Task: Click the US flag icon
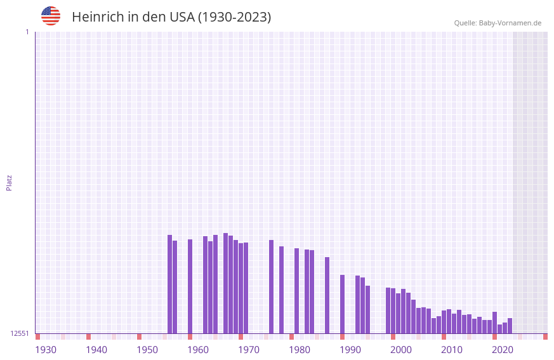51,16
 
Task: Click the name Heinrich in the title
98,17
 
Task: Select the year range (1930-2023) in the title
234,17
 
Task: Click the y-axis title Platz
9,183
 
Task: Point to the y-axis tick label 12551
19,333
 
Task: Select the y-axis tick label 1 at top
27,32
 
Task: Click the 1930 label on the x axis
46,350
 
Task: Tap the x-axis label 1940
96,350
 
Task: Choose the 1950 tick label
147,350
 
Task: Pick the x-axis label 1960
198,350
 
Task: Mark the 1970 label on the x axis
249,350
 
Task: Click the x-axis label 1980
300,350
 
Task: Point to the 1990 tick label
350,350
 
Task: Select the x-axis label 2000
401,350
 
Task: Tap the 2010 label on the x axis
452,350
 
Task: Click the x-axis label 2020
503,350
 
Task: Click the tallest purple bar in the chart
225,283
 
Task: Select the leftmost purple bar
169,284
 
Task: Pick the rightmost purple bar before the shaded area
510,326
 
